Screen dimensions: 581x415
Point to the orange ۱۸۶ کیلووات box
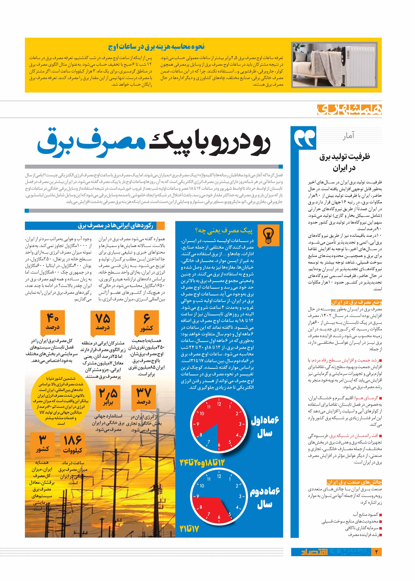coord(73,444)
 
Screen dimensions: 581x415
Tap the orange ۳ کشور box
coord(42,444)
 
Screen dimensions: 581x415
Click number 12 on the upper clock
coord(219,404)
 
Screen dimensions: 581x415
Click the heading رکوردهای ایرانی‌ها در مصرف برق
coord(115,226)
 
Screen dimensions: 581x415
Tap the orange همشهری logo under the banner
coord(349,109)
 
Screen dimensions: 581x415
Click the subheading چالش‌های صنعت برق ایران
coord(354,482)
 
